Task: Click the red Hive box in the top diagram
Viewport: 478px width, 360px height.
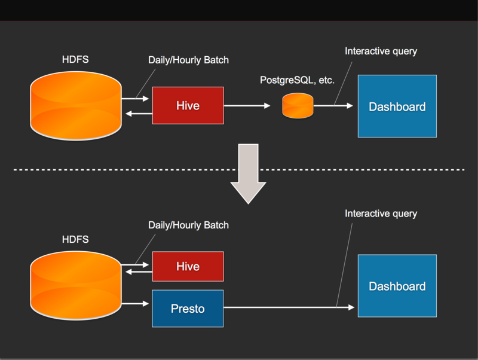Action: (x=188, y=106)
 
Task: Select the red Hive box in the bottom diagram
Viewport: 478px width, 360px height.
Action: (x=188, y=266)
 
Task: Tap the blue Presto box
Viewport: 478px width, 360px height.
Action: (x=188, y=309)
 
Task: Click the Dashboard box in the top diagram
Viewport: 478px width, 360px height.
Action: (x=397, y=106)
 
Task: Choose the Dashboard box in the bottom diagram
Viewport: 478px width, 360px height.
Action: (x=397, y=286)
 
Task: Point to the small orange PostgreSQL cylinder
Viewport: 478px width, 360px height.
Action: (x=298, y=105)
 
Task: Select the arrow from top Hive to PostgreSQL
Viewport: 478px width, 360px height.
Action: (x=247, y=106)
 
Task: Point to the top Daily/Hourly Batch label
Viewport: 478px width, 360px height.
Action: (x=188, y=60)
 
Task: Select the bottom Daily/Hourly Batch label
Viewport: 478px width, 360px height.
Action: (x=188, y=225)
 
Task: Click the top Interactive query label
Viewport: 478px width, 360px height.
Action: (x=381, y=51)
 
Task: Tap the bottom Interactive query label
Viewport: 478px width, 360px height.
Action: (x=381, y=213)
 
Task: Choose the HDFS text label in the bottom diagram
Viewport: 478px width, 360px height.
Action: (x=75, y=239)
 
